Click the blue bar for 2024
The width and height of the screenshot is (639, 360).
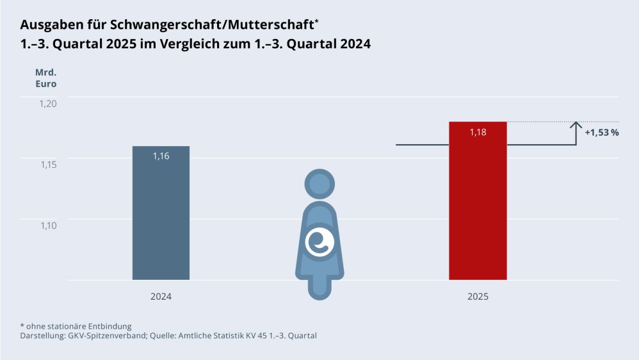coord(161,218)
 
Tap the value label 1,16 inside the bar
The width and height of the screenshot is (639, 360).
coord(161,156)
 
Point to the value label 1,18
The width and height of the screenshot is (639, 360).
coord(478,132)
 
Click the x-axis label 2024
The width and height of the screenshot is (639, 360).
coord(161,297)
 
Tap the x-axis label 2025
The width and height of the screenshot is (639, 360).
coord(478,297)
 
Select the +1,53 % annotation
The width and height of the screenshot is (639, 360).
coord(602,133)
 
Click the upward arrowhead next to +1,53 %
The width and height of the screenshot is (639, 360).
coord(576,125)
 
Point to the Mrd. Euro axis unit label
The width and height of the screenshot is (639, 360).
coord(45,78)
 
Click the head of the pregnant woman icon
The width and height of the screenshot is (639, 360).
coord(319,185)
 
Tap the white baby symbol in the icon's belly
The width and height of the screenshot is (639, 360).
coord(319,241)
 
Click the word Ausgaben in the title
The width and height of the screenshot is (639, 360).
coord(49,25)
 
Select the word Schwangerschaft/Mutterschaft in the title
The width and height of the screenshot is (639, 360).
coord(210,25)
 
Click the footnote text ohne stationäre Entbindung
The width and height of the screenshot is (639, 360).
coord(79,326)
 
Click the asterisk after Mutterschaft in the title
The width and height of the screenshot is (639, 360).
coord(316,21)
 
